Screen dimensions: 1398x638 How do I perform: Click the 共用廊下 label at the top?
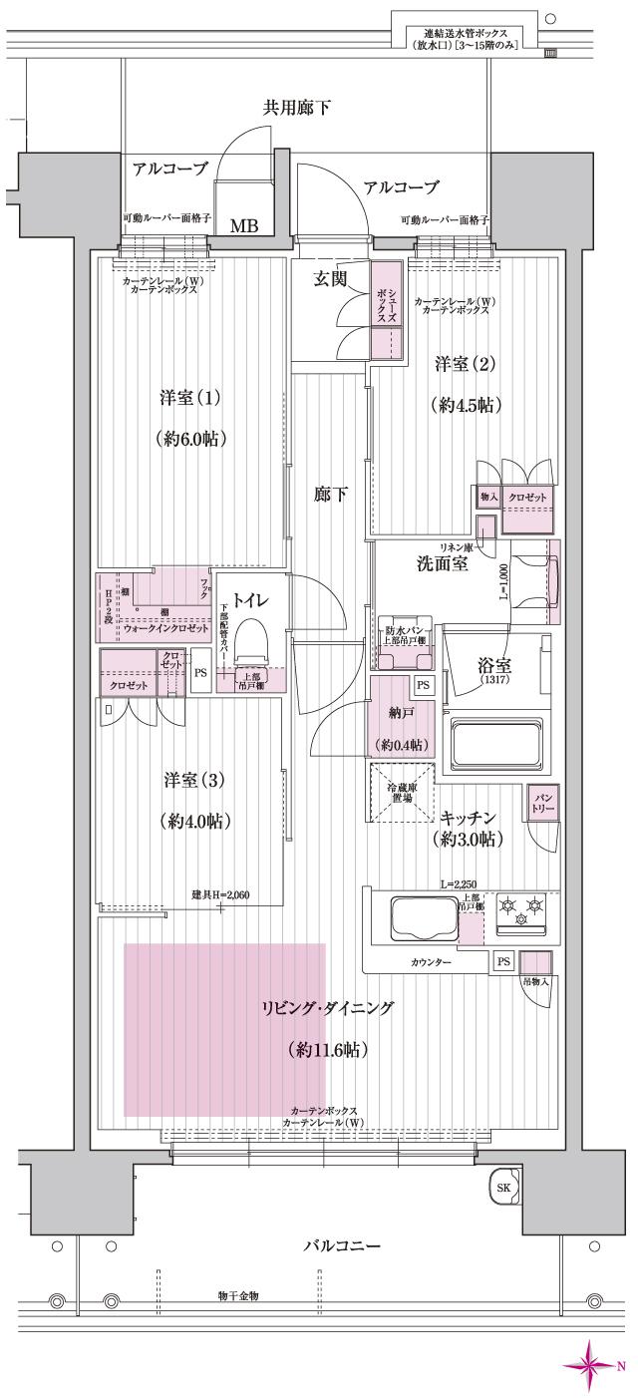click(297, 108)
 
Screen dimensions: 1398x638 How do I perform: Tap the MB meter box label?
click(244, 226)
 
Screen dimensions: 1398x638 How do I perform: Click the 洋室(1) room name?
click(189, 397)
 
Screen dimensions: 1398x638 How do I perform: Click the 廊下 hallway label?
click(330, 494)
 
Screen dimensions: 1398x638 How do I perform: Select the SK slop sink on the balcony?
click(503, 1188)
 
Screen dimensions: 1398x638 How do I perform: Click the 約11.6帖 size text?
click(326, 1049)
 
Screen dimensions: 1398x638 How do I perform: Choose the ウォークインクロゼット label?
click(165, 630)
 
